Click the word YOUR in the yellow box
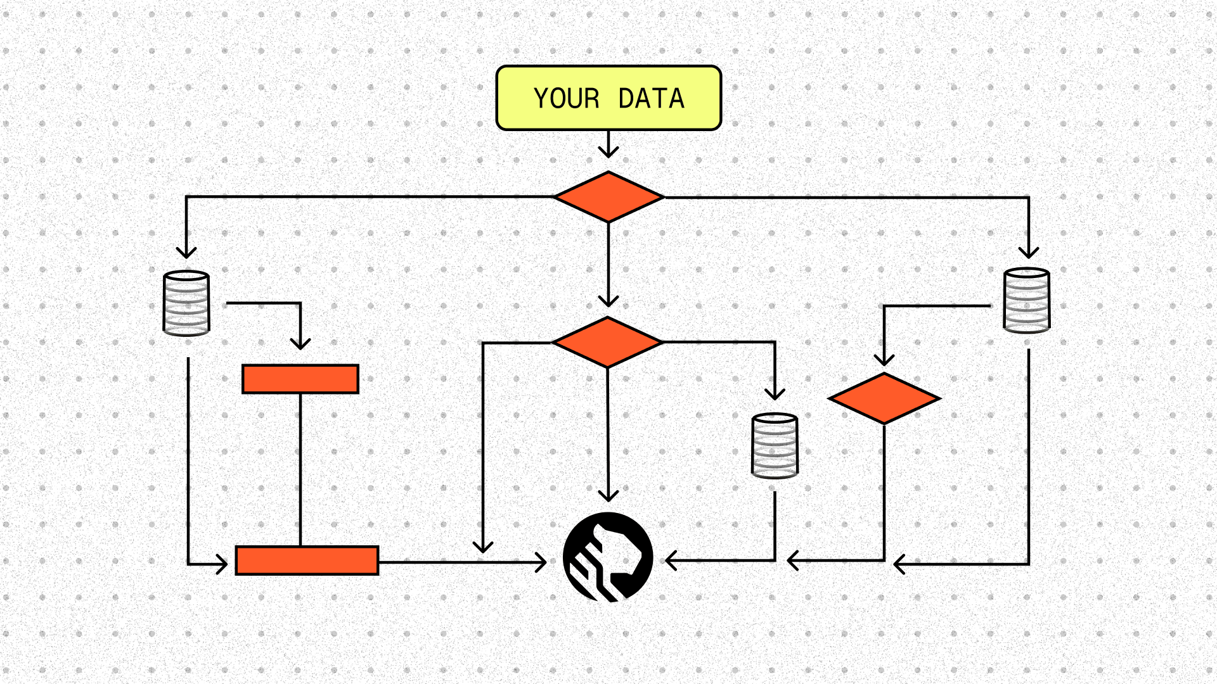[x=566, y=99]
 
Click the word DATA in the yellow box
[x=651, y=99]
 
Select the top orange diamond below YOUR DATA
[x=608, y=197]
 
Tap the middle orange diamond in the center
[x=607, y=342]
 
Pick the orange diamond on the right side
[x=884, y=398]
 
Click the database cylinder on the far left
[x=186, y=303]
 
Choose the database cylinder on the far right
[x=1027, y=300]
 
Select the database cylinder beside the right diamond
[x=775, y=445]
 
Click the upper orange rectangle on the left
[x=300, y=379]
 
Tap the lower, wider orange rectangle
[x=307, y=560]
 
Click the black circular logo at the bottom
[x=608, y=557]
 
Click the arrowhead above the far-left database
[x=186, y=253]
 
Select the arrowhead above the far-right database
[x=1029, y=253]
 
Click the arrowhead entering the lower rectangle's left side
[x=222, y=564]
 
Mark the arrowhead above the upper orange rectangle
[x=300, y=344]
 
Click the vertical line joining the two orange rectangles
[x=300, y=469]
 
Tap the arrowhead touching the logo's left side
[x=541, y=562]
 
